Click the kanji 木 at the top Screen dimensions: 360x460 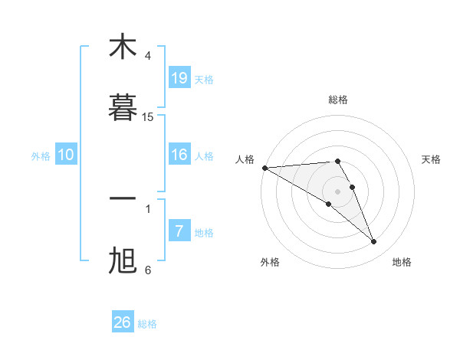(123, 47)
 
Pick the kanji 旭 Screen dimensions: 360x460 (123, 260)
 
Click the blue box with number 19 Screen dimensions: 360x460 (179, 78)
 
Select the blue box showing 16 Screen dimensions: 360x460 (179, 155)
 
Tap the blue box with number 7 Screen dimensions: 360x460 (179, 231)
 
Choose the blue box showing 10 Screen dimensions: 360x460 (66, 155)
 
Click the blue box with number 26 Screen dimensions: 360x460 (123, 322)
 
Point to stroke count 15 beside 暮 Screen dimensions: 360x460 (148, 117)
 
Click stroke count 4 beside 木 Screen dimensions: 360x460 (148, 56)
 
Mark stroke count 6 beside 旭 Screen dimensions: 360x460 (148, 270)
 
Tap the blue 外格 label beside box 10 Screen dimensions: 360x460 (41, 155)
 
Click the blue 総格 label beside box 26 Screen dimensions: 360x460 (147, 324)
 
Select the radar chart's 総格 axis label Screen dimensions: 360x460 (338, 100)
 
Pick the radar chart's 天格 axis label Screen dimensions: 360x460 (432, 159)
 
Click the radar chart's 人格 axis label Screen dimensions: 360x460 (245, 159)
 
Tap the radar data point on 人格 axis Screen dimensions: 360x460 (264, 168)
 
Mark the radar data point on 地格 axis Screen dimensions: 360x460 (374, 242)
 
